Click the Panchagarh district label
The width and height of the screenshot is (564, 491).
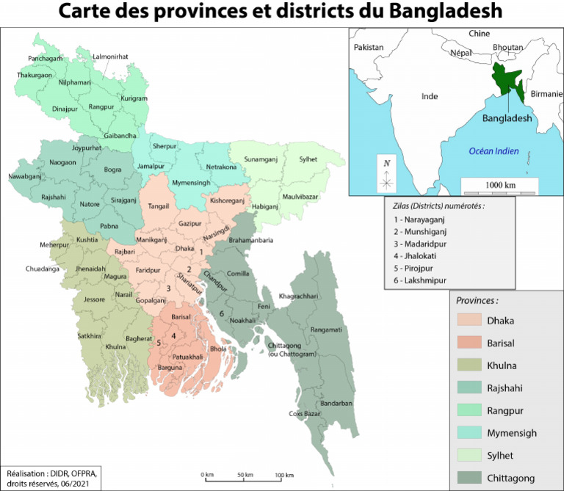click(x=46, y=58)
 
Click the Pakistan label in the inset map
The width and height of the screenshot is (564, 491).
click(x=369, y=47)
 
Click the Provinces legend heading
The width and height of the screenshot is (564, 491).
click(x=477, y=301)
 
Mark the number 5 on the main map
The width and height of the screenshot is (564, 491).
click(x=159, y=343)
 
